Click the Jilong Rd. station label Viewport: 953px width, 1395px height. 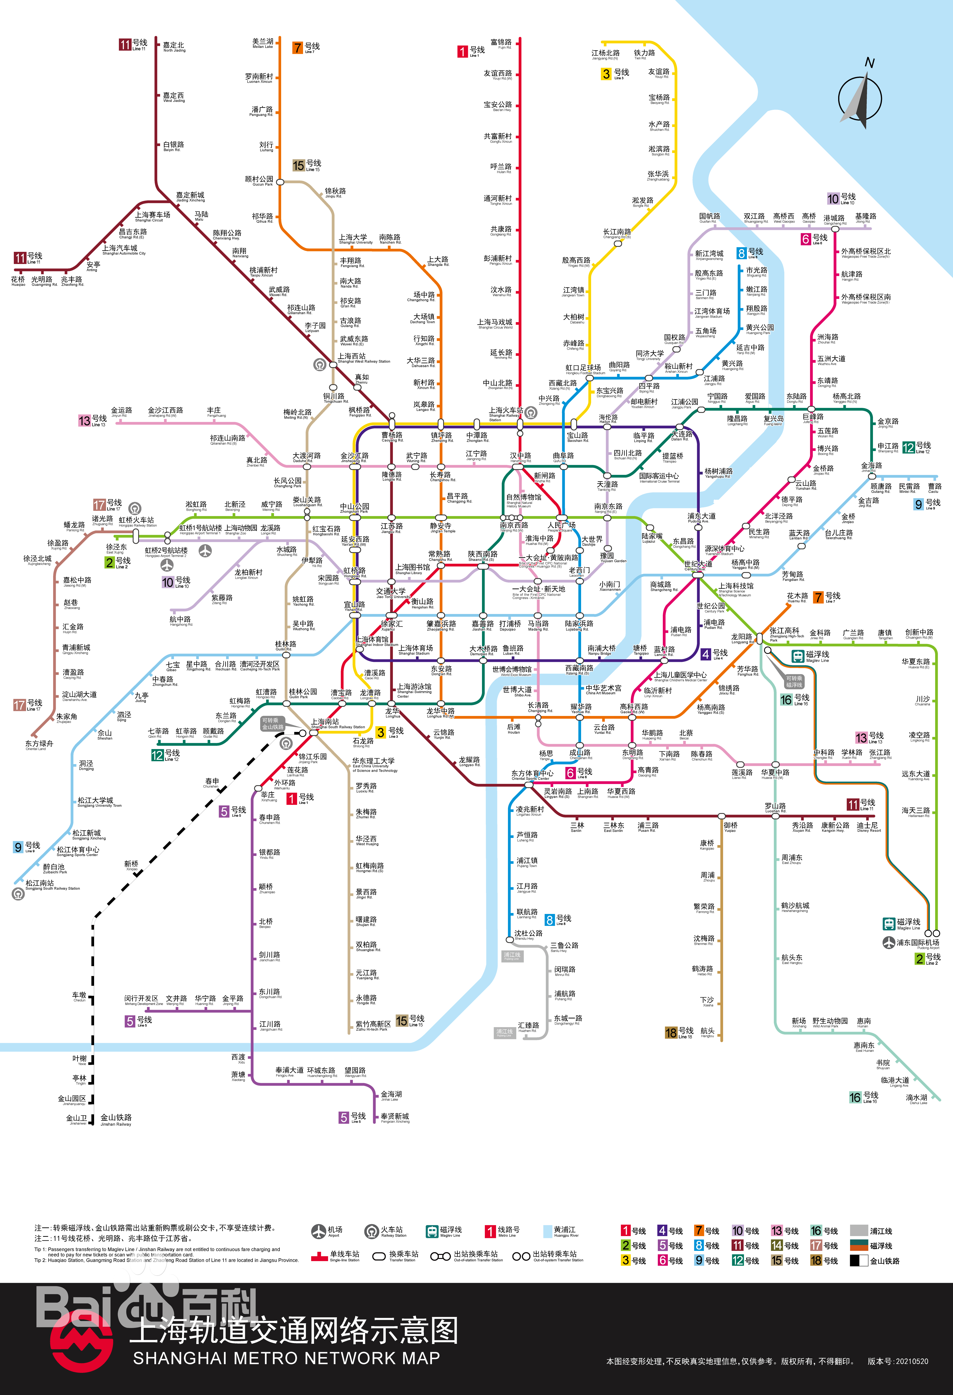(865, 217)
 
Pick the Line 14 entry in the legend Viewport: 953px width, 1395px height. (784, 1246)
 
